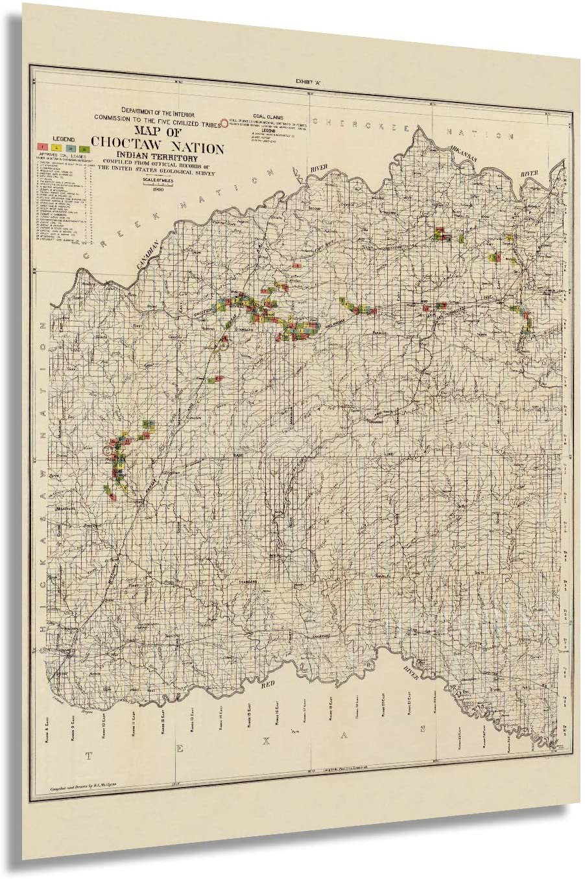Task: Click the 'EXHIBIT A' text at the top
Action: point(309,82)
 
